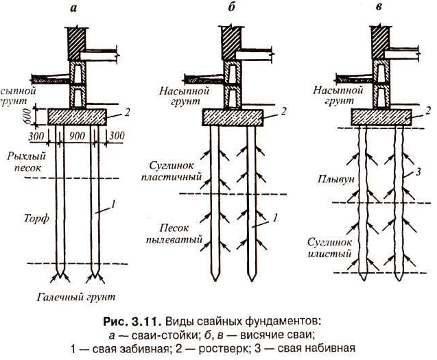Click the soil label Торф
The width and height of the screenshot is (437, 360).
(x=36, y=218)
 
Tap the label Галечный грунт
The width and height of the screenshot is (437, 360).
(x=76, y=297)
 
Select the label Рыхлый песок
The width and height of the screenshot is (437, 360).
(x=27, y=162)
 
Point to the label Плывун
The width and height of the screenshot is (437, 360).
(x=335, y=179)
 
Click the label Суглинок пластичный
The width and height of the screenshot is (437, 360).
(x=171, y=171)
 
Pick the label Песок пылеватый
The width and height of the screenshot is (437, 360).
(x=174, y=234)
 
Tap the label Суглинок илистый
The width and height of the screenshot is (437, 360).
(x=329, y=248)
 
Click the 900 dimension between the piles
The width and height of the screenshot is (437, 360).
(x=78, y=136)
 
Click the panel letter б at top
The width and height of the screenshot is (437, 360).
(x=232, y=7)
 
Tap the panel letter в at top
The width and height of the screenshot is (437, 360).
(x=379, y=7)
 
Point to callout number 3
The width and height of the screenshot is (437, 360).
(x=418, y=172)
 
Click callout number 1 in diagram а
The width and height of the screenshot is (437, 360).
(x=113, y=204)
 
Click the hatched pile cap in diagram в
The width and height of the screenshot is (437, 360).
(x=381, y=117)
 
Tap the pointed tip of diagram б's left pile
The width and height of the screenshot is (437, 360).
(x=214, y=280)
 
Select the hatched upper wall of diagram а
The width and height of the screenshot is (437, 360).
(x=77, y=44)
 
